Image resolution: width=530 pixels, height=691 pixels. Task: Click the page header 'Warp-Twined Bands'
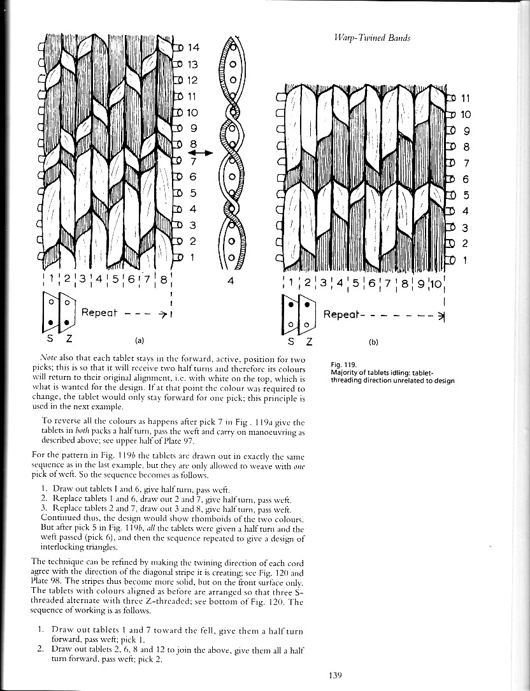click(x=372, y=38)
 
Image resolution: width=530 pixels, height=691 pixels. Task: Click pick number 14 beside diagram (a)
click(x=194, y=47)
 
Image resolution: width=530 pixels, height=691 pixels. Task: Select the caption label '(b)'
click(x=374, y=341)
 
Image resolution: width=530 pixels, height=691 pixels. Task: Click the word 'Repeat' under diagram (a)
click(x=100, y=313)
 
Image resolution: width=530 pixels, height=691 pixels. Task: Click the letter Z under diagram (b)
click(x=310, y=341)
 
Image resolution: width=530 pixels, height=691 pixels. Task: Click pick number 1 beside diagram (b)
click(x=464, y=259)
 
